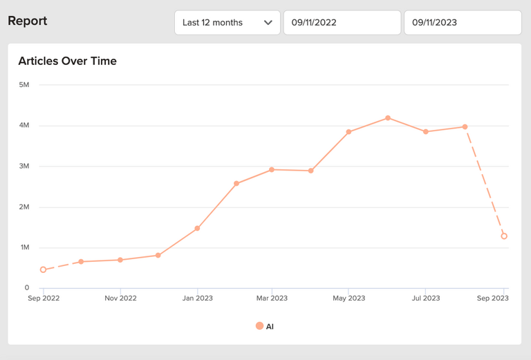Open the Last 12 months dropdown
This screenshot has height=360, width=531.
(x=227, y=22)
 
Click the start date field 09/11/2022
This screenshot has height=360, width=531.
(x=342, y=22)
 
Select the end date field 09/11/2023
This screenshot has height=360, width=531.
(x=463, y=22)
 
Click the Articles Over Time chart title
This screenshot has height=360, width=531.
(x=67, y=61)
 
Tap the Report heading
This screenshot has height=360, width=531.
(x=28, y=21)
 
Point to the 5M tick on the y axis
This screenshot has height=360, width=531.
(x=24, y=85)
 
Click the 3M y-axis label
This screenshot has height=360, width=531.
(x=24, y=166)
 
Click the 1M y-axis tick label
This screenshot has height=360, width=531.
(x=24, y=247)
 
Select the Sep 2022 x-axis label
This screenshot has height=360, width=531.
(x=43, y=299)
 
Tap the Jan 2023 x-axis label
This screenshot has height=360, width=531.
(x=197, y=299)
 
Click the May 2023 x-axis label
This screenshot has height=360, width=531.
(x=348, y=299)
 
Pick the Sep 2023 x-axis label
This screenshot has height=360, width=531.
(x=493, y=299)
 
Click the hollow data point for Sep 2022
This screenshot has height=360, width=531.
(x=43, y=269)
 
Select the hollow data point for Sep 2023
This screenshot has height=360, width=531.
(x=504, y=236)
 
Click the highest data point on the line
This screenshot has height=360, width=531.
(x=388, y=118)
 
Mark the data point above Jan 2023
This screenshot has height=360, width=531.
(x=197, y=228)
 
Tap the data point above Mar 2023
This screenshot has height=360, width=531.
(x=272, y=169)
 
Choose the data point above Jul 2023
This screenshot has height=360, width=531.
(x=426, y=131)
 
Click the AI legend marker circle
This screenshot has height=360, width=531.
(x=259, y=326)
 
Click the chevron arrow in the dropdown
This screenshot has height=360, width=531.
(x=268, y=22)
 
